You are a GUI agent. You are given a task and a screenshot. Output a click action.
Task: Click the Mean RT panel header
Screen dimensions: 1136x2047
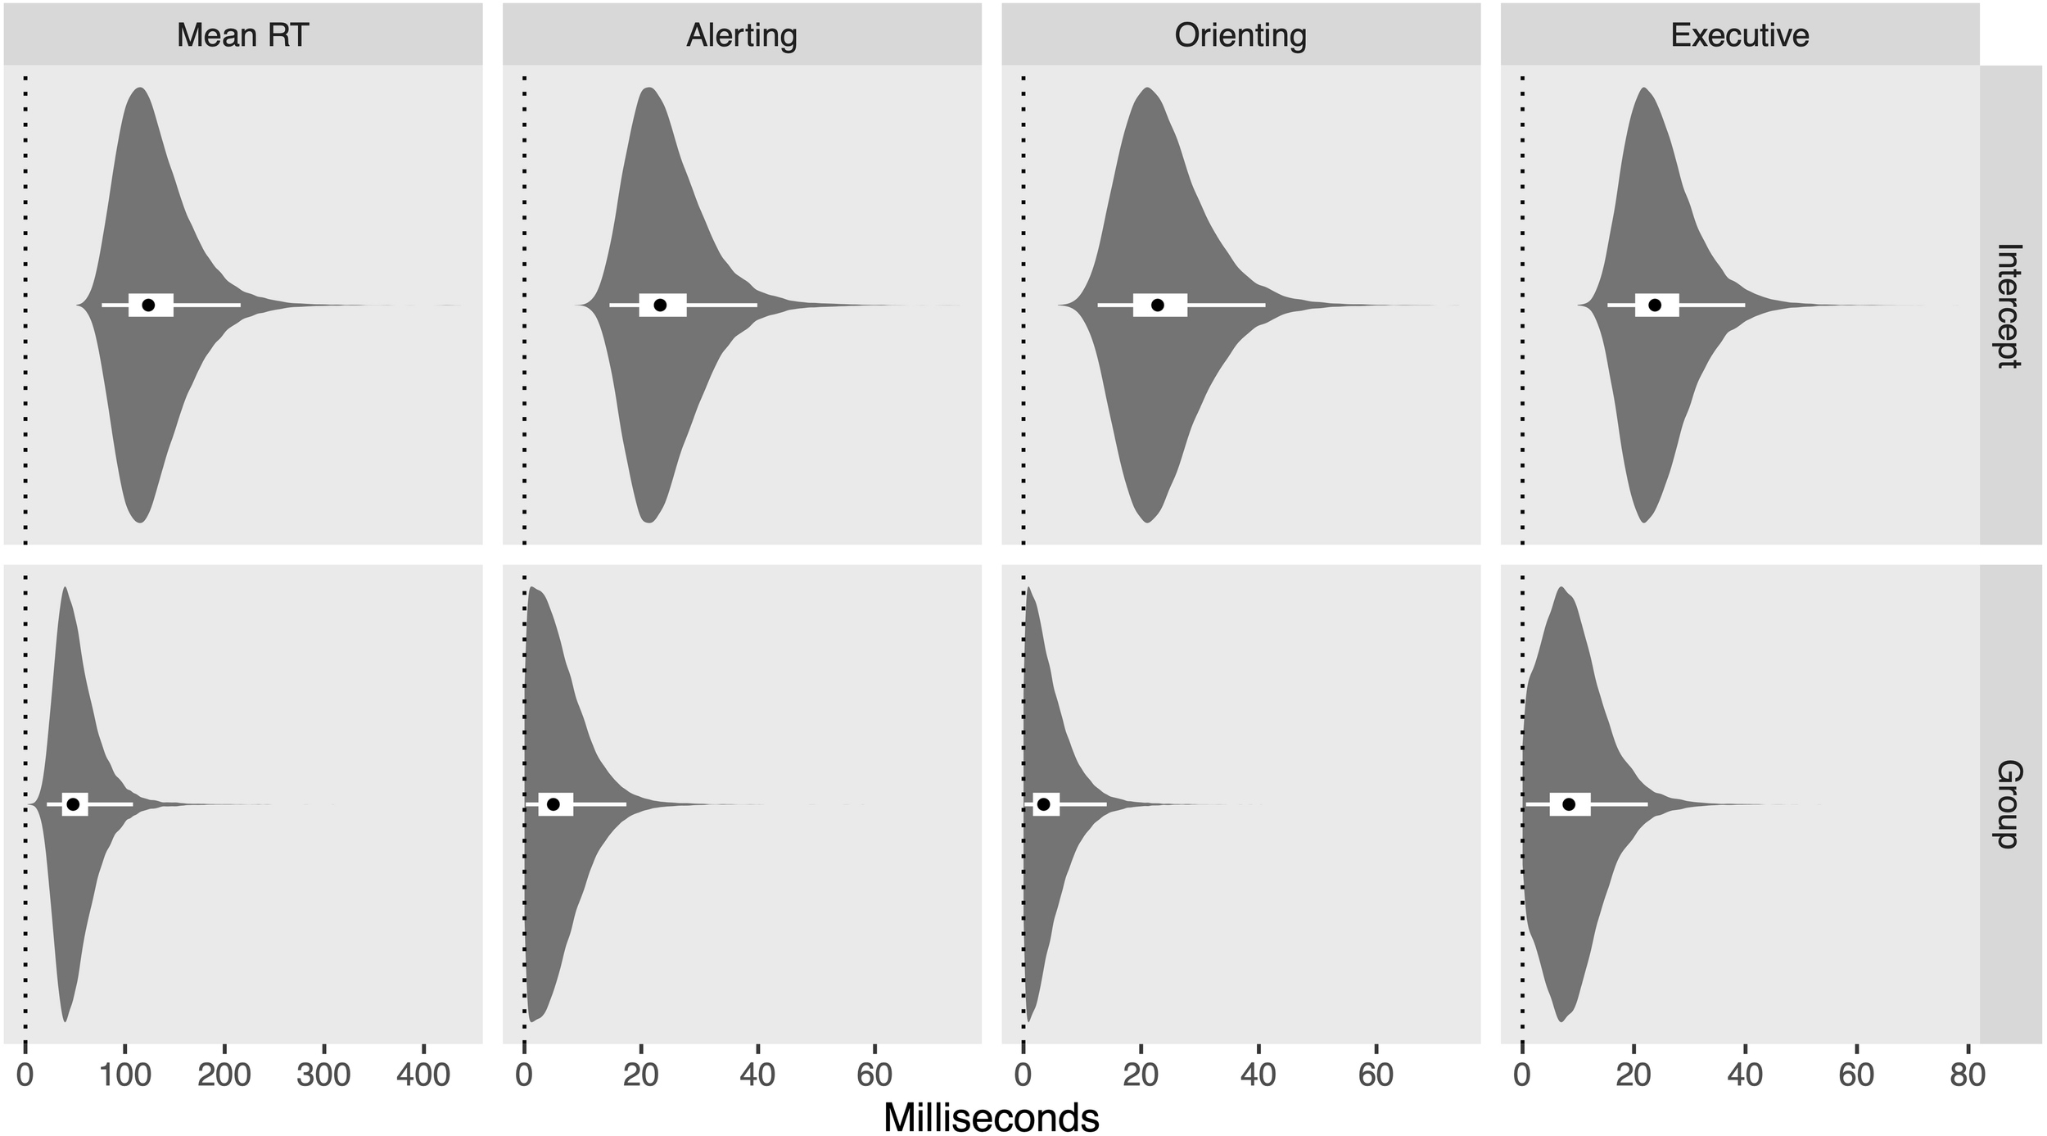click(x=242, y=34)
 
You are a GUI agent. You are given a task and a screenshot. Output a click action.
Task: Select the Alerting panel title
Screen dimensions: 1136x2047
click(x=741, y=34)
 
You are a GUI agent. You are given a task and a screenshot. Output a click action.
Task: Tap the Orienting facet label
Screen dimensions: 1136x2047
click(x=1240, y=34)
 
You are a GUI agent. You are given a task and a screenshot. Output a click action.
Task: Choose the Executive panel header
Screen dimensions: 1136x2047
click(x=1740, y=34)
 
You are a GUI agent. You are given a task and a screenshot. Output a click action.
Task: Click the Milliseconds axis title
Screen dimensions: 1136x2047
click(x=991, y=1117)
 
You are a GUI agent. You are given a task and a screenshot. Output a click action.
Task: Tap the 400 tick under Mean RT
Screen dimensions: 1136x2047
click(x=423, y=1074)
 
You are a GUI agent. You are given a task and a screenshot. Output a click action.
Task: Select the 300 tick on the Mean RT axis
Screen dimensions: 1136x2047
click(x=324, y=1074)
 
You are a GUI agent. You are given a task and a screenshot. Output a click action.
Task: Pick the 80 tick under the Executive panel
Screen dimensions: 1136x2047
click(x=1968, y=1074)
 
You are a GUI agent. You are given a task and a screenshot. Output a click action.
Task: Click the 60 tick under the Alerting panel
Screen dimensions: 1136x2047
click(x=874, y=1074)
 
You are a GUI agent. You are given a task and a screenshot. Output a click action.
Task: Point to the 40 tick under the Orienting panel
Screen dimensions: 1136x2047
click(x=1258, y=1074)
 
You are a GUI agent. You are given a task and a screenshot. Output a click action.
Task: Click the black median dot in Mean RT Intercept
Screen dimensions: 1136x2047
click(x=148, y=305)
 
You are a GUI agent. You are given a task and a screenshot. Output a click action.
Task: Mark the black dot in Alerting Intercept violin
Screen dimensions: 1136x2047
click(x=660, y=305)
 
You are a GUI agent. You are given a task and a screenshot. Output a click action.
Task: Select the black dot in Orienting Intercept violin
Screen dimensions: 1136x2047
click(x=1157, y=305)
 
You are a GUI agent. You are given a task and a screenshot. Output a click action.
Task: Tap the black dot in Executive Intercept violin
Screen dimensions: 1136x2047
click(x=1655, y=305)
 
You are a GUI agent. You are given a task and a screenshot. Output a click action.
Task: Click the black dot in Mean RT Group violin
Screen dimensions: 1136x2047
click(x=73, y=804)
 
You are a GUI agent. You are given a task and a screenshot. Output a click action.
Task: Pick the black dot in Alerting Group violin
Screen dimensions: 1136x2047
click(x=553, y=804)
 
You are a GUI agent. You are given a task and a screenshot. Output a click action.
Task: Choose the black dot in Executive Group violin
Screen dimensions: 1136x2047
click(x=1569, y=804)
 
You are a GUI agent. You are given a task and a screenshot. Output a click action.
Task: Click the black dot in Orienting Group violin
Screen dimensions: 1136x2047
click(x=1043, y=804)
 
